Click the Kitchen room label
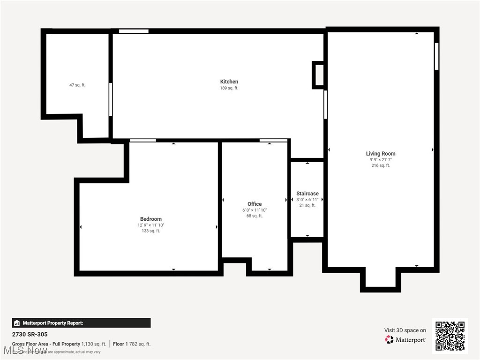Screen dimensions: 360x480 [x=229, y=82]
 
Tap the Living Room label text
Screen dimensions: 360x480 [x=380, y=153]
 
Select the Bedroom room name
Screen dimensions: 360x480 [x=150, y=219]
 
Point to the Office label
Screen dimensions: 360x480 [x=255, y=204]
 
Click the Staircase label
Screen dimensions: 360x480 [x=307, y=194]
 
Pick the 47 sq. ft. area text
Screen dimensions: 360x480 [x=77, y=85]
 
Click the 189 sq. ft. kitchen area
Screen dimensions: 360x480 [x=229, y=88]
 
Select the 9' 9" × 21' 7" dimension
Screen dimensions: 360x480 [x=380, y=160]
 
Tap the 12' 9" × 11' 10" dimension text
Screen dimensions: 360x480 [x=150, y=225]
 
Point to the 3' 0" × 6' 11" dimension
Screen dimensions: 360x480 [x=307, y=200]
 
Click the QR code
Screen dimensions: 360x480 [x=450, y=336]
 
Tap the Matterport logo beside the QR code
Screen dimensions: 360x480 [x=405, y=339]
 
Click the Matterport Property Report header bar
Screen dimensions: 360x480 [x=81, y=323]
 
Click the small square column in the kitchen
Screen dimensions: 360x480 [x=319, y=75]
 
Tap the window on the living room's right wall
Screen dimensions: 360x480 [x=436, y=56]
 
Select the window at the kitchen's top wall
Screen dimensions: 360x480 [x=134, y=31]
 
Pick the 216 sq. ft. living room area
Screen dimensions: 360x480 [x=380, y=165]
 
